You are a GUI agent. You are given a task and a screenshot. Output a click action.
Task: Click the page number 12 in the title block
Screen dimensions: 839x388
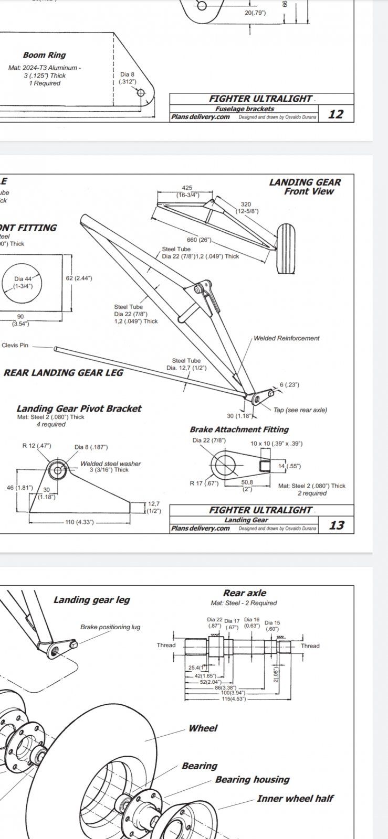335,114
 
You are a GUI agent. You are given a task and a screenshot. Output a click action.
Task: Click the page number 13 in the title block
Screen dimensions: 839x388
336,525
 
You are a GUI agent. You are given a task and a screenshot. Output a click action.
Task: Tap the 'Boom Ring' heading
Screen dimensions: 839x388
44,55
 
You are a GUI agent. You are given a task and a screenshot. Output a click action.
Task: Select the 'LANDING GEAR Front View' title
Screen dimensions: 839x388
305,187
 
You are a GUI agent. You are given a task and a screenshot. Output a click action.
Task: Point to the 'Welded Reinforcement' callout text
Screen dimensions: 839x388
286,338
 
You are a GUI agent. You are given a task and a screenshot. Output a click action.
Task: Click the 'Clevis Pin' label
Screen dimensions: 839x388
15,346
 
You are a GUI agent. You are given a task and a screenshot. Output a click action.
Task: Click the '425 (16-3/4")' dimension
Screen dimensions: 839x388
187,191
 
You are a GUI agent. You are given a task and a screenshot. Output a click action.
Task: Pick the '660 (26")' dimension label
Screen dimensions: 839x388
198,240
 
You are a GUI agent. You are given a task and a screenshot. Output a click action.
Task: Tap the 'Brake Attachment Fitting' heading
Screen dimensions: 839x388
239,429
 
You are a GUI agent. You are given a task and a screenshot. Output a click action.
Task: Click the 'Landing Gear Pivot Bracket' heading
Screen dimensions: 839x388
79,408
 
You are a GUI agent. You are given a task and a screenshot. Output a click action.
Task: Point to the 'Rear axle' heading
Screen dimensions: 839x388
245,593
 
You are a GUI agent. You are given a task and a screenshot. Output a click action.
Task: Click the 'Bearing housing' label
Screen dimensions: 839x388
252,780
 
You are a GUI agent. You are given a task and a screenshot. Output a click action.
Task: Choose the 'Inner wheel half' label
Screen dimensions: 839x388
295,799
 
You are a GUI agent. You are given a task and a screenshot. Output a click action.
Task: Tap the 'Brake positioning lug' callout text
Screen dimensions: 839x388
110,627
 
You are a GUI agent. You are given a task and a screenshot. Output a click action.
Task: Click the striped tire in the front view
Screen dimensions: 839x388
285,248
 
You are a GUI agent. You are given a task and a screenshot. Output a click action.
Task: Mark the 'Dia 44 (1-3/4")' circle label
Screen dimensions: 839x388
26,283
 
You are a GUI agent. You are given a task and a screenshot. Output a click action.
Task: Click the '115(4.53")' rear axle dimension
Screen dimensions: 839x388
234,698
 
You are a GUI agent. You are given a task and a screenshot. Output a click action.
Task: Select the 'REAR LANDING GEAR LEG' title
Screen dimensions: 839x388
64,373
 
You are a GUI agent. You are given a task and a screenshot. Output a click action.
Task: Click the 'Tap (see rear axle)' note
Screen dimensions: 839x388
300,410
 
